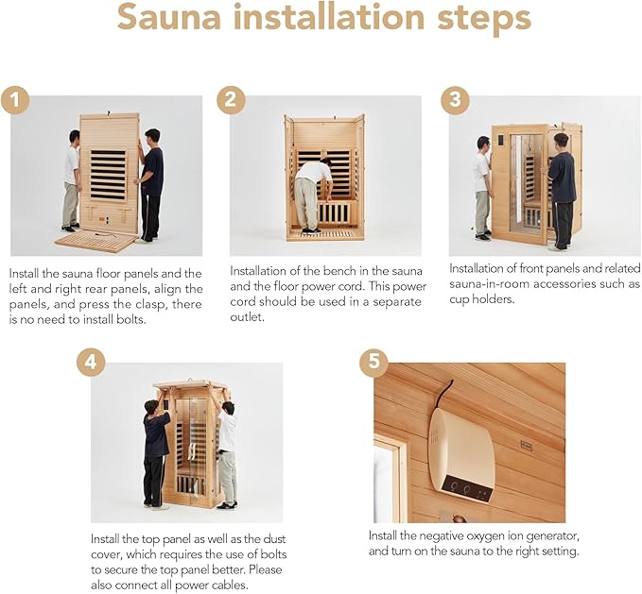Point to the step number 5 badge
pyautogui.click(x=373, y=364)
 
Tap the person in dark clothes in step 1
pyautogui.click(x=150, y=183)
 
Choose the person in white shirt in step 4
pyautogui.click(x=227, y=453)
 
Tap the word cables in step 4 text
pyautogui.click(x=234, y=586)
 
